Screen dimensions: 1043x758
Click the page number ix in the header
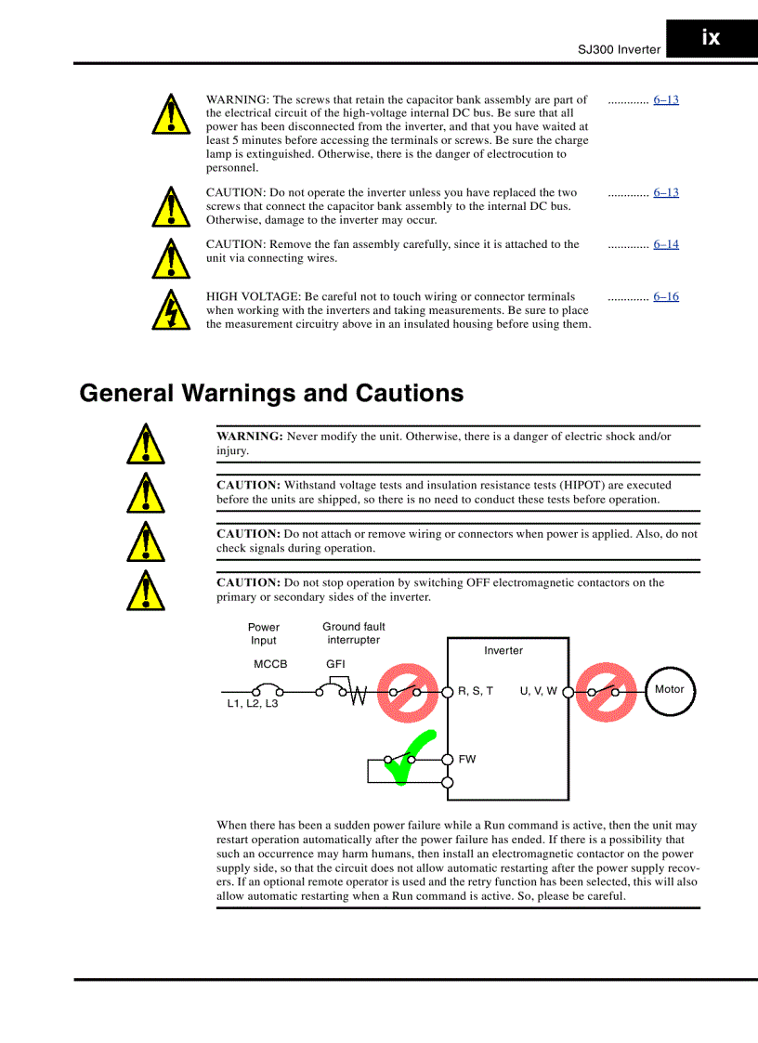pos(711,38)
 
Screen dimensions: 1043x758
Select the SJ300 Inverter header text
pos(620,49)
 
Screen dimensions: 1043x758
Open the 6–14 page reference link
pos(665,244)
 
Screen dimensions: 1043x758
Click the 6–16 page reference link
pos(665,296)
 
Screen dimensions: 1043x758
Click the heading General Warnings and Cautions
pos(271,393)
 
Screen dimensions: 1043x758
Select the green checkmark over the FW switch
pos(411,756)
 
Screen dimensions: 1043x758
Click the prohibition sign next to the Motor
pos(605,692)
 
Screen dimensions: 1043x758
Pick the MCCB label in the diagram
pos(270,664)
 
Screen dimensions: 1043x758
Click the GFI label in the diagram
pos(335,664)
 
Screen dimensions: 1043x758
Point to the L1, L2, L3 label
pos(253,704)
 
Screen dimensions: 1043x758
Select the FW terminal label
pos(467,759)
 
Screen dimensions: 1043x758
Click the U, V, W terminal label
pos(538,691)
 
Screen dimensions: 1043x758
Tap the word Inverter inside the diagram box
pos(503,650)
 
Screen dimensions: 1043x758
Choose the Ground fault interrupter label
pos(353,633)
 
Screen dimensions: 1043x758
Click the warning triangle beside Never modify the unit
pos(146,444)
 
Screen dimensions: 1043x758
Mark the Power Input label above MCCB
pos(264,633)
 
